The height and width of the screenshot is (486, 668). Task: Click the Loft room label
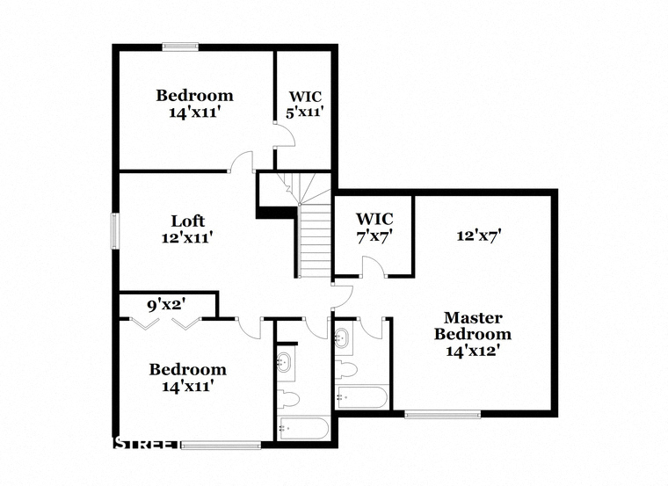[x=187, y=221]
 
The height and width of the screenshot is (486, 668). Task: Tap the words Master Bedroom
[x=473, y=326]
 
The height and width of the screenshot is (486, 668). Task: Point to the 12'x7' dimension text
[x=478, y=236]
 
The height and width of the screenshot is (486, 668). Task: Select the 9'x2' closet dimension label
[x=166, y=305]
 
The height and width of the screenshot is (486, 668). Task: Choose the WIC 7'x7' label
[x=374, y=227]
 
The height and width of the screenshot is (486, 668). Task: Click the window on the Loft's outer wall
[x=114, y=231]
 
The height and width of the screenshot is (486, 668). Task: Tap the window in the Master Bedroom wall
[x=442, y=414]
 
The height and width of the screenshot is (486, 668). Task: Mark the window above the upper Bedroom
[x=180, y=47]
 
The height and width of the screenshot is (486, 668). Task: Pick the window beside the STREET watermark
[x=221, y=445]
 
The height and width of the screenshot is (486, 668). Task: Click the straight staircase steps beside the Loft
[x=316, y=241]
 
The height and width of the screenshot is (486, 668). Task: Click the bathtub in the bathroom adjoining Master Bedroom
[x=362, y=397]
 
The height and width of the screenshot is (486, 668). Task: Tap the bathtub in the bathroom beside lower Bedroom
[x=303, y=429]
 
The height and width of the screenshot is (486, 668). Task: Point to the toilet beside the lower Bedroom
[x=288, y=398]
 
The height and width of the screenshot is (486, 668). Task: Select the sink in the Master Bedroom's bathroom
[x=343, y=339]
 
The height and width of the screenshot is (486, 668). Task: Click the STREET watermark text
[x=147, y=444]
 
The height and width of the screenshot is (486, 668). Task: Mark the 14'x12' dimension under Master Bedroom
[x=473, y=351]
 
